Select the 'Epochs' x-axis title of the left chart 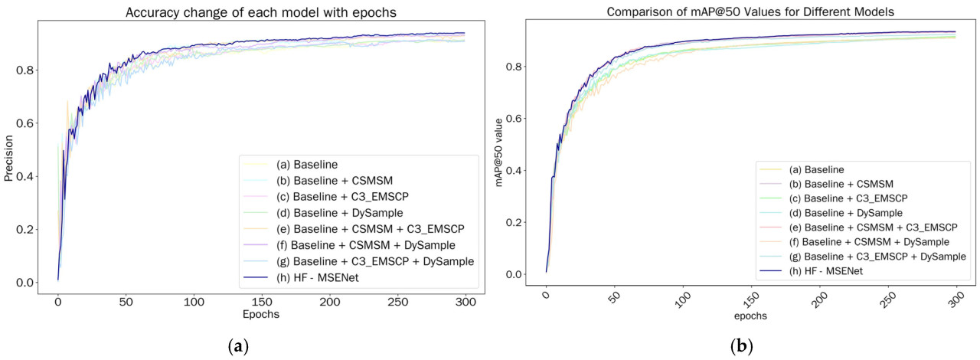click(x=262, y=314)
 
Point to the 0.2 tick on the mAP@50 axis click(x=520, y=223)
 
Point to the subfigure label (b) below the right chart click(x=740, y=346)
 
